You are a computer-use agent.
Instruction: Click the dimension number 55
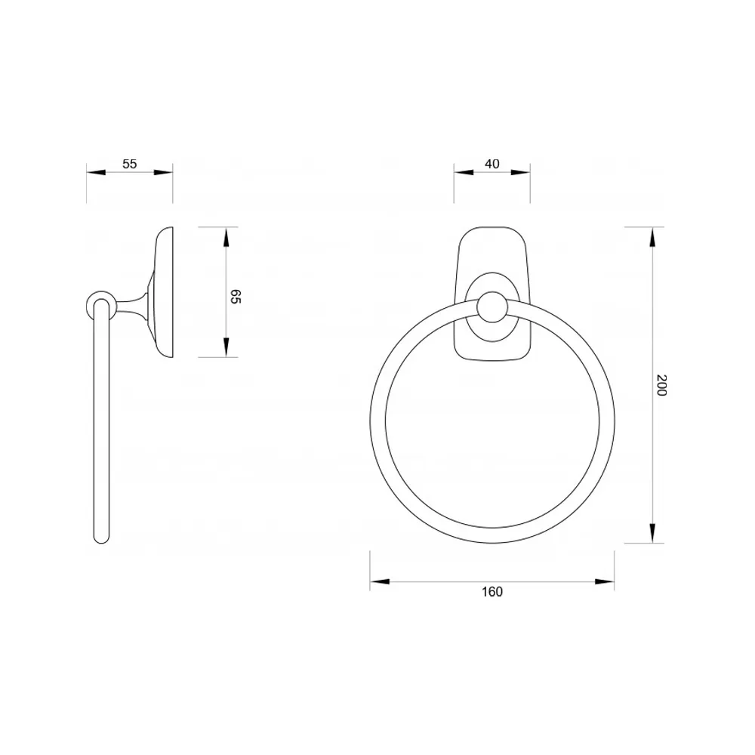coord(130,164)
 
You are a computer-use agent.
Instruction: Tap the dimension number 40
coord(492,164)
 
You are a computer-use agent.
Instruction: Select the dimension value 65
coord(236,297)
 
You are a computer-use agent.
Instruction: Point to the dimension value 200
coord(661,385)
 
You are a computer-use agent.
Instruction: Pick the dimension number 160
coord(492,591)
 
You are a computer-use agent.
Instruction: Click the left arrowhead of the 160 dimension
coord(380,581)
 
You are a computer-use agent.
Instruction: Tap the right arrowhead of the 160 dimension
coord(605,581)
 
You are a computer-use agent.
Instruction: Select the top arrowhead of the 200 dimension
coord(652,237)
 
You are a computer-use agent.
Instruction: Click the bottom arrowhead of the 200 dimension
coord(652,533)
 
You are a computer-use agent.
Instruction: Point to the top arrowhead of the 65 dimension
coord(226,237)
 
